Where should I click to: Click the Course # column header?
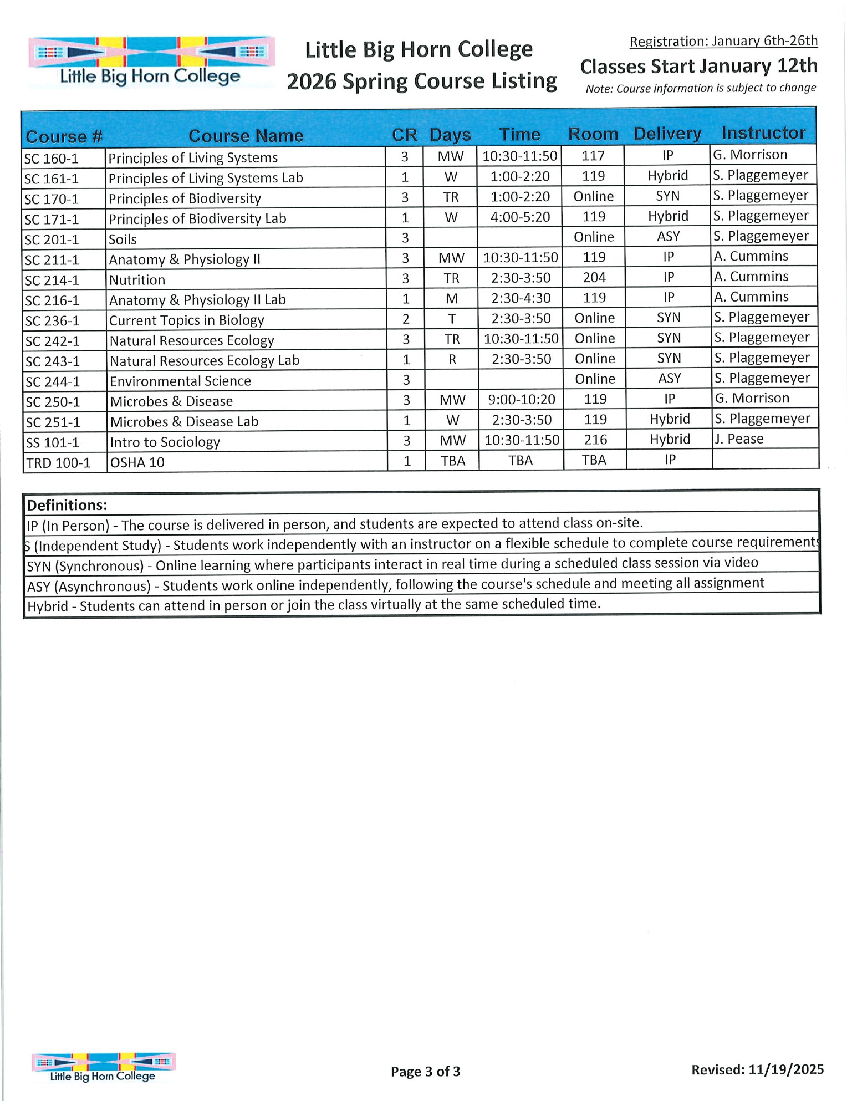pyautogui.click(x=64, y=136)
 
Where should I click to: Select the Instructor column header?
pyautogui.click(x=763, y=133)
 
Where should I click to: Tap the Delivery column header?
pyautogui.click(x=667, y=134)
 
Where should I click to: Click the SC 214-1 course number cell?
pyautogui.click(x=53, y=281)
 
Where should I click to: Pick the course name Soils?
pyautogui.click(x=123, y=239)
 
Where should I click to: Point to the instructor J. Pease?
pyautogui.click(x=738, y=439)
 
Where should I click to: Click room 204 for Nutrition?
pyautogui.click(x=594, y=277)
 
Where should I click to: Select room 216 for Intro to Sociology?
pyautogui.click(x=595, y=440)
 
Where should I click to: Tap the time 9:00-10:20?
pyautogui.click(x=521, y=399)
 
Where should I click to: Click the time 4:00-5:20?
pyautogui.click(x=520, y=217)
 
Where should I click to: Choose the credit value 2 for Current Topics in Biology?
pyautogui.click(x=406, y=319)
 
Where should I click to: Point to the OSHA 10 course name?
pyautogui.click(x=137, y=462)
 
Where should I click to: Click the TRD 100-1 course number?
pyautogui.click(x=58, y=463)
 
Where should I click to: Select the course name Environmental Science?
pyautogui.click(x=180, y=381)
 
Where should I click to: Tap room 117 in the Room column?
pyautogui.click(x=593, y=156)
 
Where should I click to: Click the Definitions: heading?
pyautogui.click(x=67, y=505)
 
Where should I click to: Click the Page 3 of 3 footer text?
pyautogui.click(x=425, y=1072)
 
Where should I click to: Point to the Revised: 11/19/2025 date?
pyautogui.click(x=757, y=1069)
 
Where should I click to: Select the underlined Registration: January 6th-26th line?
pyautogui.click(x=723, y=41)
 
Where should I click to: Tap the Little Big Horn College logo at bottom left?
pyautogui.click(x=103, y=1067)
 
